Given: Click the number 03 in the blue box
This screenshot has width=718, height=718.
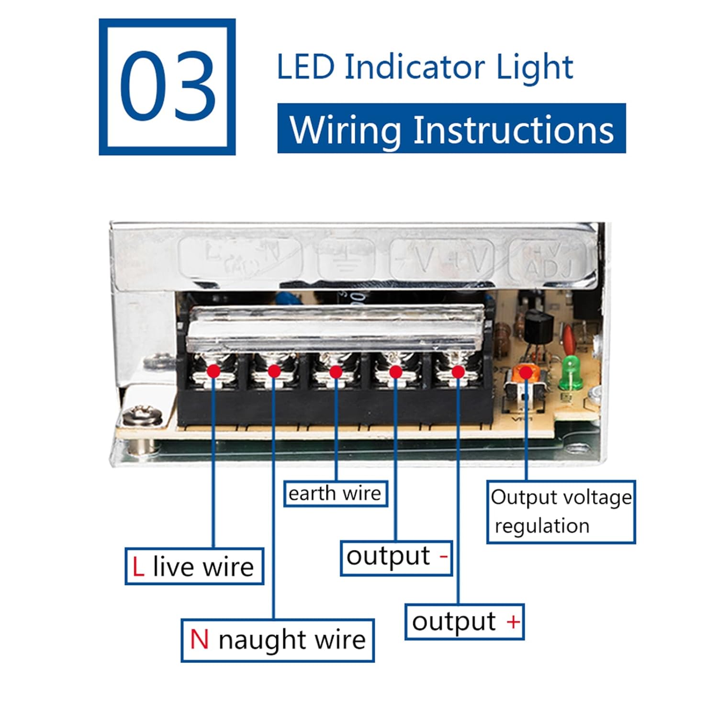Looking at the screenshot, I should point(167,87).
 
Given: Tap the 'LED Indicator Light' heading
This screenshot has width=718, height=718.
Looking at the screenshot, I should point(425,67).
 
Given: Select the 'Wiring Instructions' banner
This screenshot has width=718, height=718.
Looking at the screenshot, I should point(451,129).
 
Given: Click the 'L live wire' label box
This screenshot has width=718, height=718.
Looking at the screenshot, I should point(194,566).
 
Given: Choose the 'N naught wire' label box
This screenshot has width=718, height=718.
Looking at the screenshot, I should point(278,640).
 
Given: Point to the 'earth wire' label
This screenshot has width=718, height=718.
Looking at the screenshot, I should point(335,494).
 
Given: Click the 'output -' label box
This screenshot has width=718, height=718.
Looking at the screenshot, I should point(396,557).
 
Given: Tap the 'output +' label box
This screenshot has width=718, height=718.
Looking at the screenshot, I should point(465,622).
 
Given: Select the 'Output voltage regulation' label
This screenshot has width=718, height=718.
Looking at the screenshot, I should point(561,512).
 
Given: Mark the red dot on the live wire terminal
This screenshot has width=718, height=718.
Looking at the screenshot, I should point(213,371).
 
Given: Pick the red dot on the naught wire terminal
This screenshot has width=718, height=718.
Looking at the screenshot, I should point(274,371).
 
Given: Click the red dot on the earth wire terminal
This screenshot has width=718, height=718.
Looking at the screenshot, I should point(336,372).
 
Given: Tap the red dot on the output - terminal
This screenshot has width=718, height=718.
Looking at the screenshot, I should point(395,371).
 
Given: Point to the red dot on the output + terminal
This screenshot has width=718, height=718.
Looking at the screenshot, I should point(458,371).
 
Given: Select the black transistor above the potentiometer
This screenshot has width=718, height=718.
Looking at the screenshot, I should point(538,325).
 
